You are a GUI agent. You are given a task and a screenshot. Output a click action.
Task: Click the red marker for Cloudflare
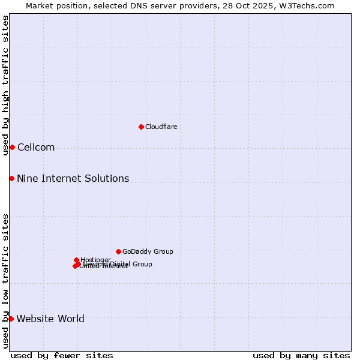(x=141, y=127)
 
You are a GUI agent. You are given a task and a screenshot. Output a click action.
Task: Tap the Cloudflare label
(x=161, y=127)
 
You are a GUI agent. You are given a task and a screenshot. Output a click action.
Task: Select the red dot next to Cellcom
(x=12, y=147)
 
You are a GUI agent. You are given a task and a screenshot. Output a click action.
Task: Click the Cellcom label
(x=36, y=148)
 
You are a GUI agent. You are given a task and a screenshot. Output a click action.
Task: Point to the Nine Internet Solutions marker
(x=11, y=178)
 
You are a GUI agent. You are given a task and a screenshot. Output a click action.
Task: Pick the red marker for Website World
(x=11, y=319)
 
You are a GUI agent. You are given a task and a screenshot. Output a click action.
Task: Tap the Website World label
(x=50, y=319)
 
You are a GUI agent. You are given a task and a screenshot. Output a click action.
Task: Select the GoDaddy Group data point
(x=118, y=251)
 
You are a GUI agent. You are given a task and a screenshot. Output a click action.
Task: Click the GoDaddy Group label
(x=148, y=251)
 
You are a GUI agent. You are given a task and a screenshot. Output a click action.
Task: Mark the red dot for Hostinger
(x=76, y=260)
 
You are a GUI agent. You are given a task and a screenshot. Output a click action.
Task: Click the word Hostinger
(x=95, y=260)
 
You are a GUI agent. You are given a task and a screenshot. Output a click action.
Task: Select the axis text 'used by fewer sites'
(x=62, y=355)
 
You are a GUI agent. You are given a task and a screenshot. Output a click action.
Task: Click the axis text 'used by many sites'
(x=301, y=355)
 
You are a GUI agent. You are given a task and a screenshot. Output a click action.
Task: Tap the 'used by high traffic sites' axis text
(x=5, y=85)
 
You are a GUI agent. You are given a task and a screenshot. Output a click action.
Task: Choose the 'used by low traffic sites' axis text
(x=5, y=281)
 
